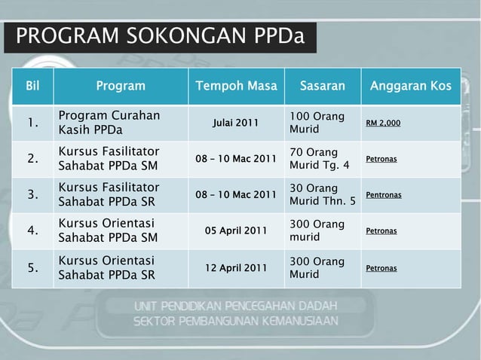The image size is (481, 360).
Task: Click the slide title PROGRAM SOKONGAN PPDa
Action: pyautogui.click(x=160, y=36)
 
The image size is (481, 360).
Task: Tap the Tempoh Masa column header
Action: pyautogui.click(x=236, y=86)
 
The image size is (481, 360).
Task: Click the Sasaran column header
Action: pyautogui.click(x=322, y=86)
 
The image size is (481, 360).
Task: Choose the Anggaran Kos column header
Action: pyautogui.click(x=410, y=86)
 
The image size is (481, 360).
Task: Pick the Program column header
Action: pyautogui.click(x=121, y=86)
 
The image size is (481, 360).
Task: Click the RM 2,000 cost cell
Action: pyautogui.click(x=383, y=123)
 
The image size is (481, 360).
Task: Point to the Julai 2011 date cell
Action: pyautogui.click(x=236, y=123)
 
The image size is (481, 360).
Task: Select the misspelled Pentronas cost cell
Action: pyautogui.click(x=384, y=195)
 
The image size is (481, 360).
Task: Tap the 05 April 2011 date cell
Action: pyautogui.click(x=236, y=231)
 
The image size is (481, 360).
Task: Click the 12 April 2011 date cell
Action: pyautogui.click(x=236, y=267)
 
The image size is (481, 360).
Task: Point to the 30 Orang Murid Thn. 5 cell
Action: pyautogui.click(x=323, y=195)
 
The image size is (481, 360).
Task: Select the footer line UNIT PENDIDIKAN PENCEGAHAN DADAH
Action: pyautogui.click(x=236, y=307)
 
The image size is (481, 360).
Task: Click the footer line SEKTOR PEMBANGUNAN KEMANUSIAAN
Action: pyautogui.click(x=236, y=321)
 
